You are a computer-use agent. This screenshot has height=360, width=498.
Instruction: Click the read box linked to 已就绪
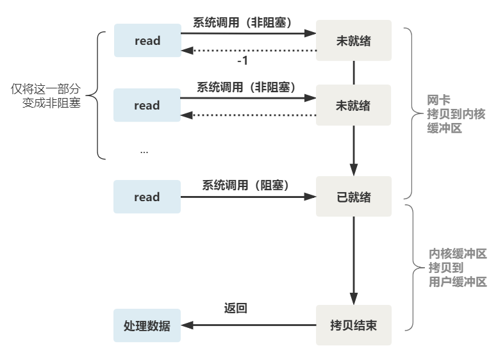[147, 197]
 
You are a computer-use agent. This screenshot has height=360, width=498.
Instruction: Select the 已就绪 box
[353, 197]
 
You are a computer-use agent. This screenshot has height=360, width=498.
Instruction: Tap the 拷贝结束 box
[353, 325]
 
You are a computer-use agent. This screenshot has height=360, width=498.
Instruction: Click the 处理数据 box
[147, 325]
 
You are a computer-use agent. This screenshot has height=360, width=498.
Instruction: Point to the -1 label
[243, 61]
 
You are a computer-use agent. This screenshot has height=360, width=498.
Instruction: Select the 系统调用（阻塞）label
[246, 185]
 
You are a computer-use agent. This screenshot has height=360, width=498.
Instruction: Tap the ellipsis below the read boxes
[144, 151]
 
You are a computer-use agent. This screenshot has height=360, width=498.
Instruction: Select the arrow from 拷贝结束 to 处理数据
[249, 325]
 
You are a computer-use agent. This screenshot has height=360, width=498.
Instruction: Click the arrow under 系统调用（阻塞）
[249, 197]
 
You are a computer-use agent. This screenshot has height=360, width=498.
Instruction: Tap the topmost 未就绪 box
[353, 41]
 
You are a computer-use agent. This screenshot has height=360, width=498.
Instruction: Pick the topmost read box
[147, 41]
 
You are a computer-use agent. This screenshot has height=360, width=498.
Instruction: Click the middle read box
[147, 106]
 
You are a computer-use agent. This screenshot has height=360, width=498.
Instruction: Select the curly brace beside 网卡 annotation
[414, 113]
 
